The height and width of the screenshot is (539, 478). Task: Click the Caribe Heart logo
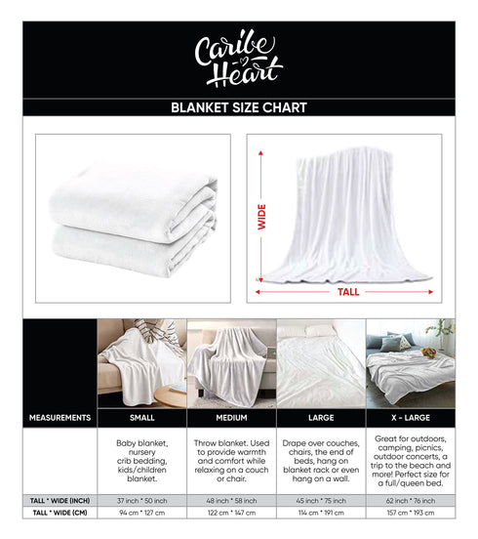[238, 59]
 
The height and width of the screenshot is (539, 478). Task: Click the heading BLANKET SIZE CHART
[238, 107]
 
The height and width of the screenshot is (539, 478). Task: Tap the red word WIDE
[261, 216]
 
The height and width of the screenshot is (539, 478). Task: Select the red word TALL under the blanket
[348, 291]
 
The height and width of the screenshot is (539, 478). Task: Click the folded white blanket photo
[133, 217]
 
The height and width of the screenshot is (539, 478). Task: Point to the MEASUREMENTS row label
[60, 418]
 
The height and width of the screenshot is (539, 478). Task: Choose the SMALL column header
[141, 418]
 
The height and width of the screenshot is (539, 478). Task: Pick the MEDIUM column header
[231, 418]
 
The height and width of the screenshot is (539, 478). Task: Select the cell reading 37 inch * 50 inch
[141, 500]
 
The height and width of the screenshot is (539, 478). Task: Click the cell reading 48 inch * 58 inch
[231, 500]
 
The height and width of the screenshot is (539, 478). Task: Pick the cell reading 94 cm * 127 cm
[141, 513]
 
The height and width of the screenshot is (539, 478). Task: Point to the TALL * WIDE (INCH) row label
[60, 500]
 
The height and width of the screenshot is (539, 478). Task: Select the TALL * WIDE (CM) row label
[60, 513]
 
